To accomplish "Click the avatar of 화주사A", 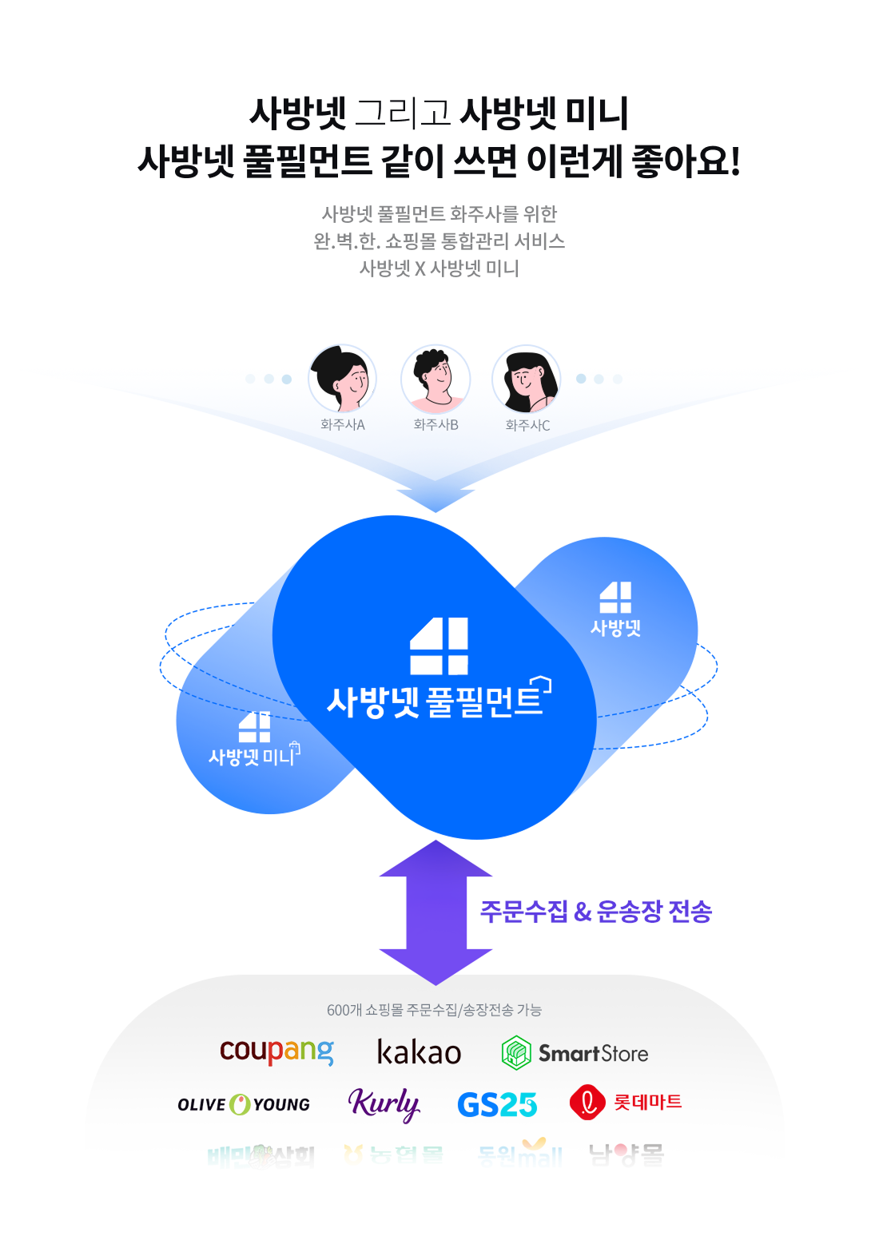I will pos(343,379).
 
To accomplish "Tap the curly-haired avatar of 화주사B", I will pos(436,379).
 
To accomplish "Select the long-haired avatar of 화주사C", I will pos(527,379).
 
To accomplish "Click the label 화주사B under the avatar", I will pos(436,425).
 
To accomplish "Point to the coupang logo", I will pos(276,1051).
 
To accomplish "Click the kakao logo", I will pos(419,1053).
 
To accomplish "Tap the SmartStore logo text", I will pos(593,1054).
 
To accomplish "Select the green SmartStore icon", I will pos(516,1052).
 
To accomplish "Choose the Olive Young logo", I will pos(244,1104).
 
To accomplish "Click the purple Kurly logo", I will pos(384,1104).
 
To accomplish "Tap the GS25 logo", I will pos(496,1105).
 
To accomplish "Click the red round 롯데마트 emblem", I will pos(587,1103).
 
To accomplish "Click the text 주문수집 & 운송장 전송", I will pos(595,912).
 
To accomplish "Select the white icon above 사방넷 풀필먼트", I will pos(439,646).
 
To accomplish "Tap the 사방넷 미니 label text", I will pos(253,756).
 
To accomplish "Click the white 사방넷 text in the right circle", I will pos(615,628).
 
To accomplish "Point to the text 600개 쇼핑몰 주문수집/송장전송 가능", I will pos(434,1010).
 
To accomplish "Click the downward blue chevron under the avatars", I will pos(436,499).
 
